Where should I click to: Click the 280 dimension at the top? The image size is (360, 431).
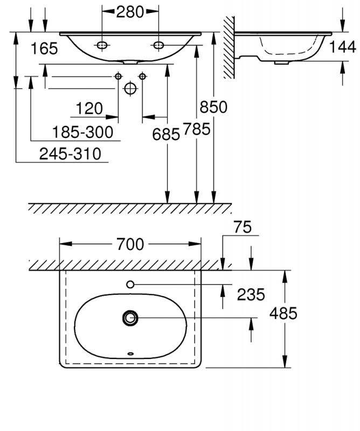pos(130,11)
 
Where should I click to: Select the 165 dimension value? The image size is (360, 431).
pos(44,49)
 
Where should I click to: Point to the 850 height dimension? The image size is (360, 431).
pos(213,107)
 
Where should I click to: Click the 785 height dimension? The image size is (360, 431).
pos(195,129)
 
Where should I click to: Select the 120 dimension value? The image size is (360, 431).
pos(89,109)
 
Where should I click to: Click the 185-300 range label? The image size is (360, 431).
pos(83,132)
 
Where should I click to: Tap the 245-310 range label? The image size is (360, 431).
pos(70,155)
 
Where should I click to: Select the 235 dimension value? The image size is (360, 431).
pos(251,295)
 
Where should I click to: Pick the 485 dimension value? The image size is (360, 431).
pos(283,314)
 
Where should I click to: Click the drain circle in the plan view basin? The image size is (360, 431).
pos(130,318)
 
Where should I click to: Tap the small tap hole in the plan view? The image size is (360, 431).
pos(130,284)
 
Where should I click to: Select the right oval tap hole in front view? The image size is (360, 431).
pos(158,45)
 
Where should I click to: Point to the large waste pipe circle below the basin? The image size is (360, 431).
pos(130,88)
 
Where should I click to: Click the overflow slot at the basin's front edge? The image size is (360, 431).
pos(130,354)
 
